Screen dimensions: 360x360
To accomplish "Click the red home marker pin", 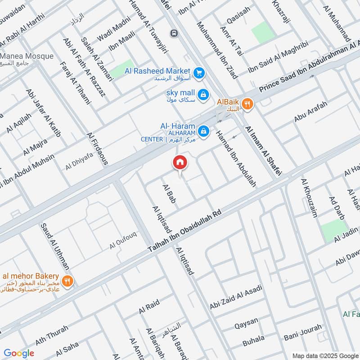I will point(180,162).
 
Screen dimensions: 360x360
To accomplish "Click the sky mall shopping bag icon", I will point(203,94).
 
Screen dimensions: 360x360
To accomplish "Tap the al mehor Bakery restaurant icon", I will point(68,282).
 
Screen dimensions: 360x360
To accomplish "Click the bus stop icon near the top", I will point(173,33).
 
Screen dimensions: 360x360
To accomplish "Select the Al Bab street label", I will point(168,194).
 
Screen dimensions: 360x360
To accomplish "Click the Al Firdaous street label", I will point(98,148).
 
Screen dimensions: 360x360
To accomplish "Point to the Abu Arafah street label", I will point(310,112).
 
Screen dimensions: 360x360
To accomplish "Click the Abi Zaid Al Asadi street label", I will point(236,297).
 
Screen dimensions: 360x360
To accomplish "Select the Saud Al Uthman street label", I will point(55,247).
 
